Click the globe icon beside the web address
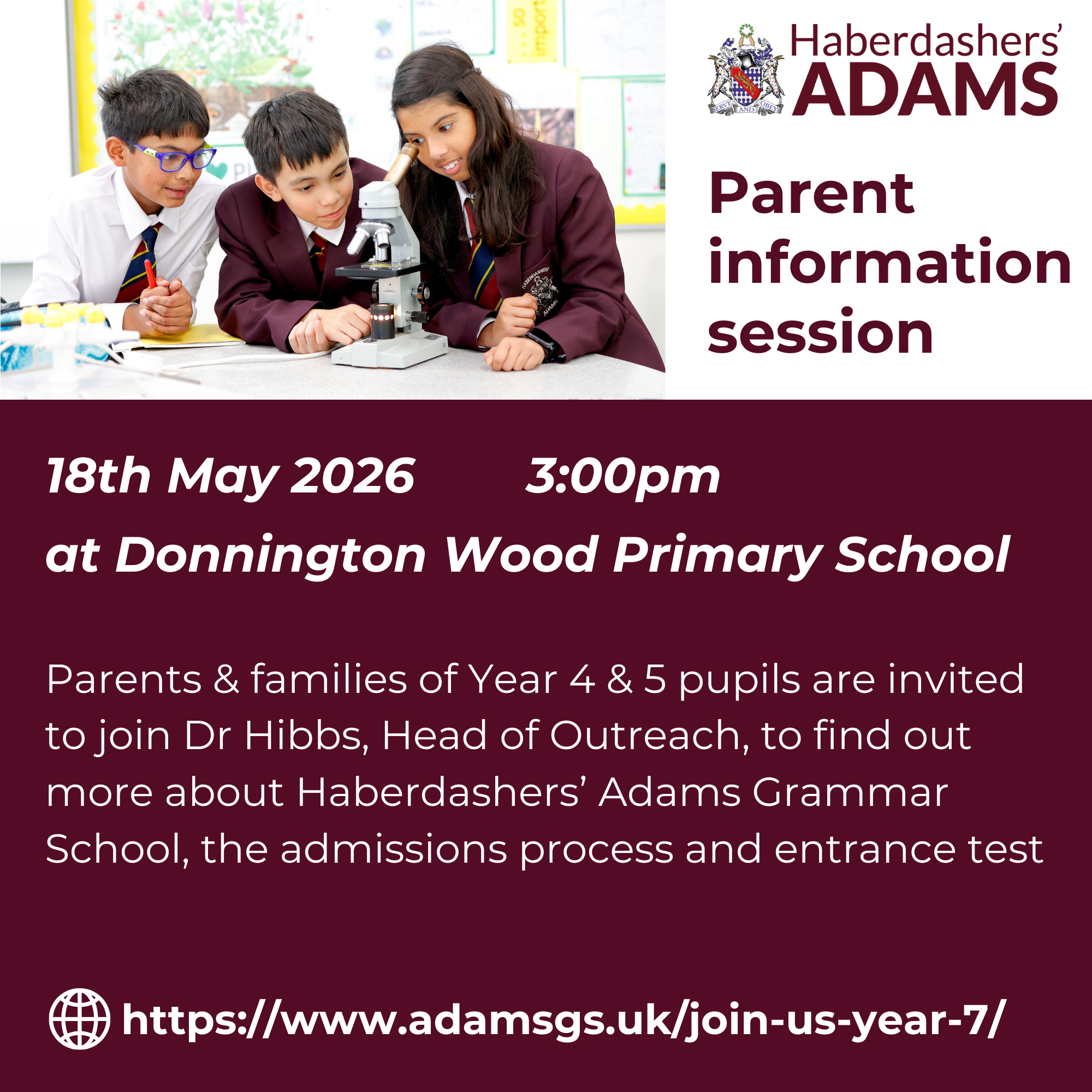(x=80, y=1018)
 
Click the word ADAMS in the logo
(x=925, y=90)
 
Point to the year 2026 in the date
(x=353, y=476)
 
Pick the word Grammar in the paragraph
(x=850, y=792)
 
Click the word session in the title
(x=820, y=333)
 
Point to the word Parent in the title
(x=811, y=193)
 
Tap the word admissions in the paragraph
(x=394, y=848)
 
